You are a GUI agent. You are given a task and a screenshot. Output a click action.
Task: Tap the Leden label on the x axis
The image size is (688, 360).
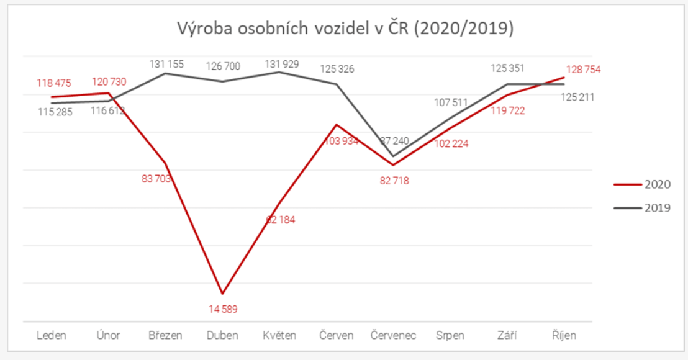[52, 335]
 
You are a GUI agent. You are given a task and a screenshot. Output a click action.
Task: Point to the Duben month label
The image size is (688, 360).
[222, 335]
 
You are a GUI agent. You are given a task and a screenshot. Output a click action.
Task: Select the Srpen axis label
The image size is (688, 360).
[450, 335]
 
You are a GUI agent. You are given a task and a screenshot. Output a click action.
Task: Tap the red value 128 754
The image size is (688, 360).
[583, 70]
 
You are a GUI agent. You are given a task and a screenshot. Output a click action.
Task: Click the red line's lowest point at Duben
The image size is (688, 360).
[222, 293]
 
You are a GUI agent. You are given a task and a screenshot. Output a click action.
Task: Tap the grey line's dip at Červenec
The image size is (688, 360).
[392, 156]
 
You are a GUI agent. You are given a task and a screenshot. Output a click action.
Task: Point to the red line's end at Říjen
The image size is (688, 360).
[564, 78]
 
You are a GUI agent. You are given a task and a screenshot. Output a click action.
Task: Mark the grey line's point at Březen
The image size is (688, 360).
[165, 73]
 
